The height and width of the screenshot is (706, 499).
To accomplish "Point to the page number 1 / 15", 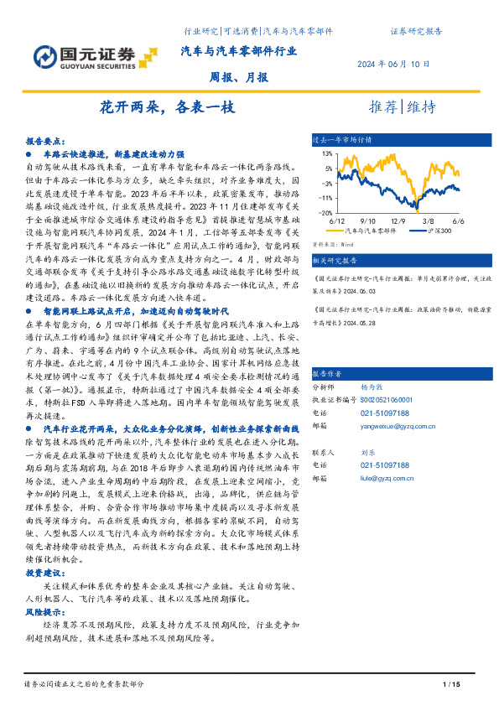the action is [451, 685].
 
